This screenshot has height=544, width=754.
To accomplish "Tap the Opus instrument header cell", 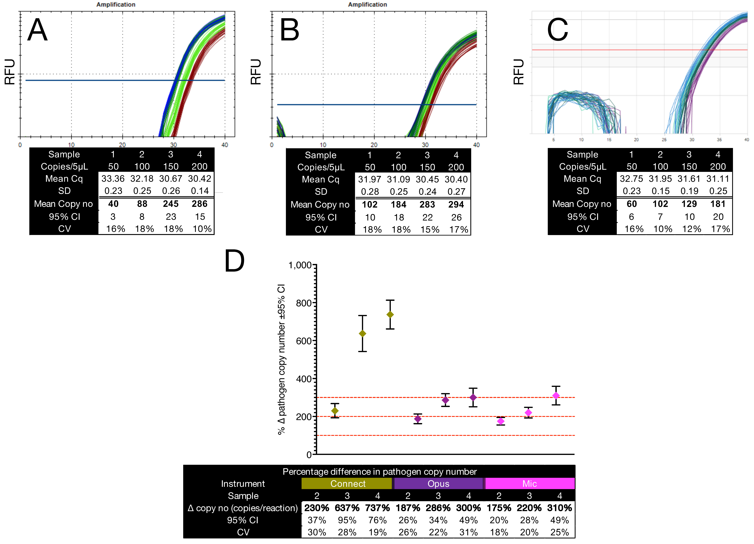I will point(438,484).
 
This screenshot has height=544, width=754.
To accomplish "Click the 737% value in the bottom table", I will point(377,508).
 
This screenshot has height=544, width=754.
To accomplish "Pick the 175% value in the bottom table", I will point(499,508).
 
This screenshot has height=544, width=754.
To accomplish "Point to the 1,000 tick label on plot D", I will point(300,265).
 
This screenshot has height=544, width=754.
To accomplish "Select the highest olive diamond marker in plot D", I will point(390,315).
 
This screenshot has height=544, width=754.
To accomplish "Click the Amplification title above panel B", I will point(367,5).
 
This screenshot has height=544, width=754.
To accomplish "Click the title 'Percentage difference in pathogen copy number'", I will point(379,472).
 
